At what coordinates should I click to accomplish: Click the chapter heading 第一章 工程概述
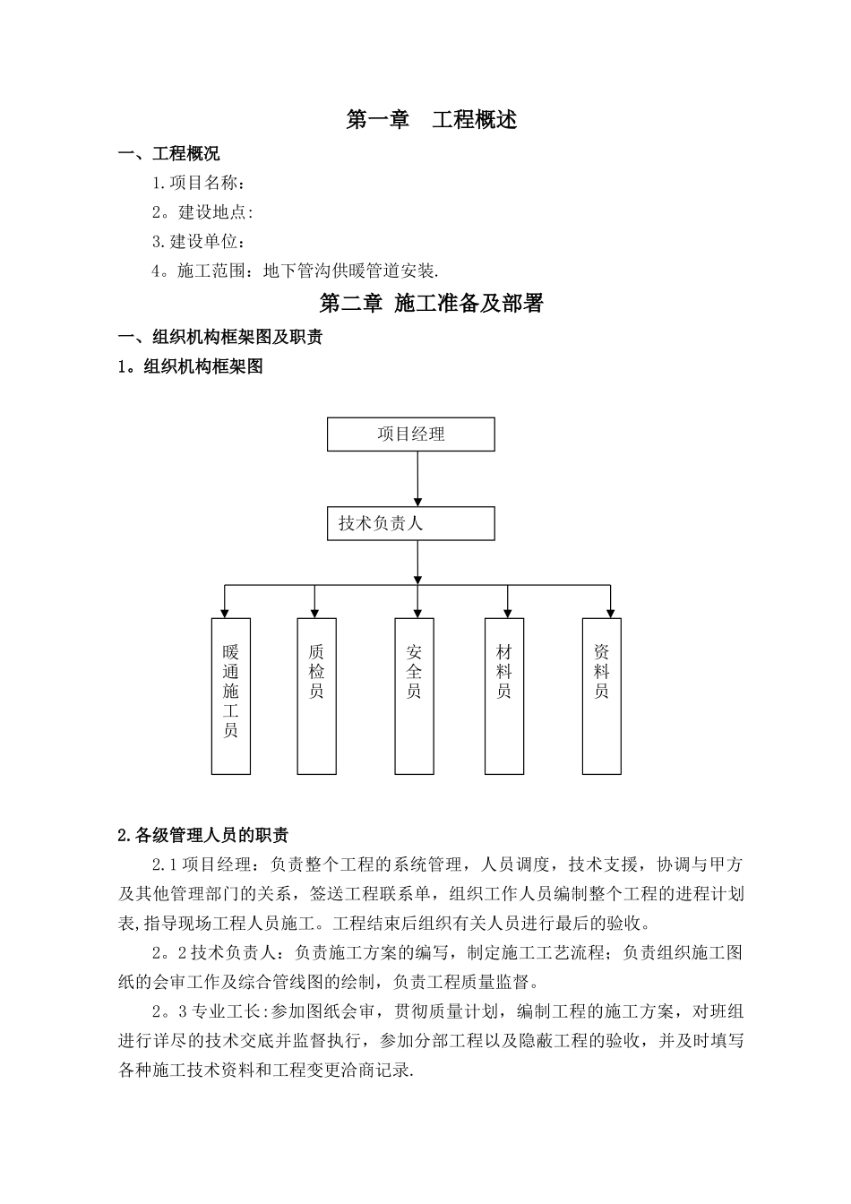tap(431, 120)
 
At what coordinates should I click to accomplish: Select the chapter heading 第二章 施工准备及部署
tap(431, 304)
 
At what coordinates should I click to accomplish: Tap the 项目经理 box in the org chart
tap(411, 434)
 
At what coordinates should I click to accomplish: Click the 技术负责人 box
tap(411, 524)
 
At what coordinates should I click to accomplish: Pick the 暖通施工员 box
tap(231, 696)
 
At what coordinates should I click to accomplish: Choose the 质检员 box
tap(316, 696)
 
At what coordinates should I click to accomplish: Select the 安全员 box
tap(414, 696)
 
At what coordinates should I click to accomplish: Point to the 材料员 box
tap(504, 696)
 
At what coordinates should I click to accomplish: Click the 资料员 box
tap(602, 696)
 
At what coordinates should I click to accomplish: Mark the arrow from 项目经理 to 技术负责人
tap(417, 478)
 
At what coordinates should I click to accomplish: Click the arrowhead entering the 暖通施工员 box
tap(225, 613)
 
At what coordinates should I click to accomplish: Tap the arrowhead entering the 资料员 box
tap(611, 613)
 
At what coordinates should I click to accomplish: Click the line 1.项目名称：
tap(199, 184)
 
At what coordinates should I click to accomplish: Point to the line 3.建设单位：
tap(199, 241)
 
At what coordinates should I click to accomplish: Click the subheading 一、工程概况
tap(169, 154)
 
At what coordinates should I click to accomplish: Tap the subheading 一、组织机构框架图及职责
tap(220, 337)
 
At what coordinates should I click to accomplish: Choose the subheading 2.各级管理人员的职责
tap(203, 836)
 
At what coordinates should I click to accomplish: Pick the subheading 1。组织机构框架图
tap(191, 366)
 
